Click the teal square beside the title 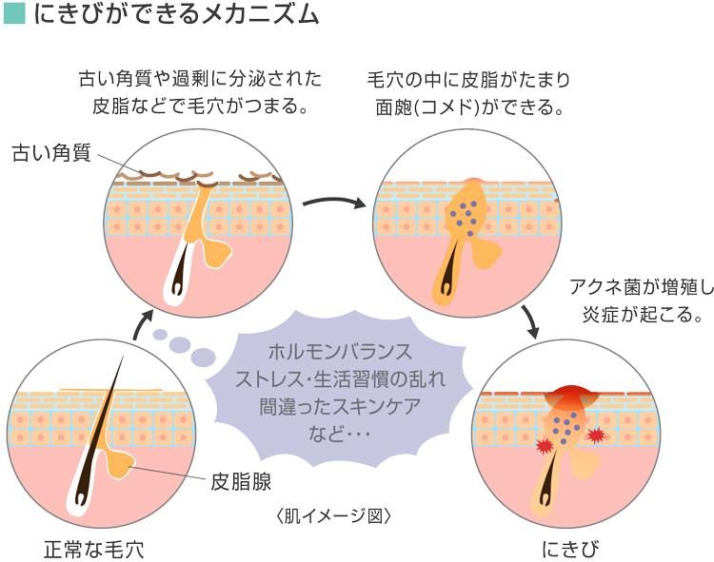pyautogui.click(x=14, y=15)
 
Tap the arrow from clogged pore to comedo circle pyautogui.click(x=335, y=203)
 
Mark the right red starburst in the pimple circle pyautogui.click(x=596, y=436)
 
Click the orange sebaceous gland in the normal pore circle pyautogui.click(x=119, y=462)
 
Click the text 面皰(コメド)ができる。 pyautogui.click(x=472, y=106)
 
